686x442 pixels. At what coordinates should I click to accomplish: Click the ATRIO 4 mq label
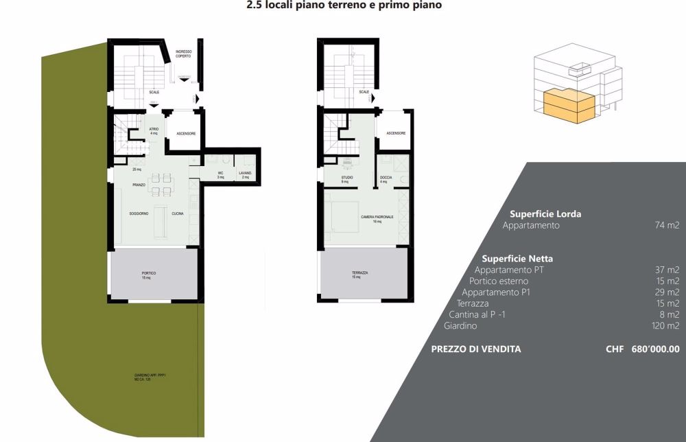(154, 130)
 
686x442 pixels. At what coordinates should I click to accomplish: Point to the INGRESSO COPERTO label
(183, 54)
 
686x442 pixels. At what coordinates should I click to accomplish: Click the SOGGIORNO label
(139, 214)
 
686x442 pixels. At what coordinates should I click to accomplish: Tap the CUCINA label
(178, 214)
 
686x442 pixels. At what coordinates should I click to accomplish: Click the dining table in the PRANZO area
(162, 183)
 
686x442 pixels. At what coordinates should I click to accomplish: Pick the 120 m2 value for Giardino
(667, 326)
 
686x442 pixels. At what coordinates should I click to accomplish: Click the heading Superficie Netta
(517, 259)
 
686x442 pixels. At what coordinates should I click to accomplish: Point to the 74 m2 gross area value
(667, 225)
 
